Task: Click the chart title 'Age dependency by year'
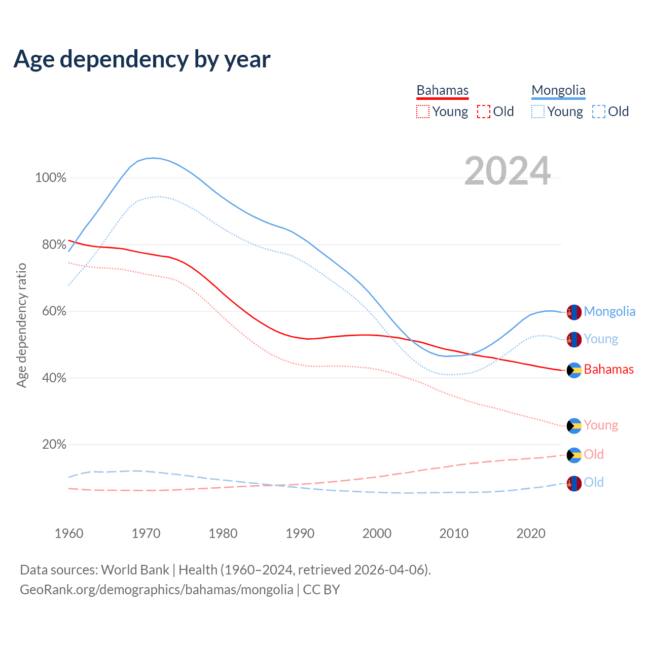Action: click(142, 59)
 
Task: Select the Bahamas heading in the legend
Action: click(443, 90)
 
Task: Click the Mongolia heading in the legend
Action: click(558, 90)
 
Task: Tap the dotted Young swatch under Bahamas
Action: click(423, 112)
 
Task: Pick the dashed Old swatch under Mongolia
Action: click(599, 112)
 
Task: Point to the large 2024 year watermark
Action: click(507, 171)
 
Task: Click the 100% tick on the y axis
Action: click(51, 178)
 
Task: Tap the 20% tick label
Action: click(54, 445)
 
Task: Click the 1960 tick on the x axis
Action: click(69, 533)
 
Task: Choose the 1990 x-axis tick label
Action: click(300, 533)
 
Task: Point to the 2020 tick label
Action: click(531, 533)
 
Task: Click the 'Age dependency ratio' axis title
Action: click(21, 325)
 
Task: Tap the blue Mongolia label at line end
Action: click(609, 311)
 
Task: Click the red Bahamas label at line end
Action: click(608, 369)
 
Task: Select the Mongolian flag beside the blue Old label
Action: click(574, 484)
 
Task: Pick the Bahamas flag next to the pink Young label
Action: click(574, 426)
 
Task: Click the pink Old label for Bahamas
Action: click(594, 454)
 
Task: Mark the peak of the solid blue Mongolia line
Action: click(153, 158)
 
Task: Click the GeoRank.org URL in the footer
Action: click(157, 590)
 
